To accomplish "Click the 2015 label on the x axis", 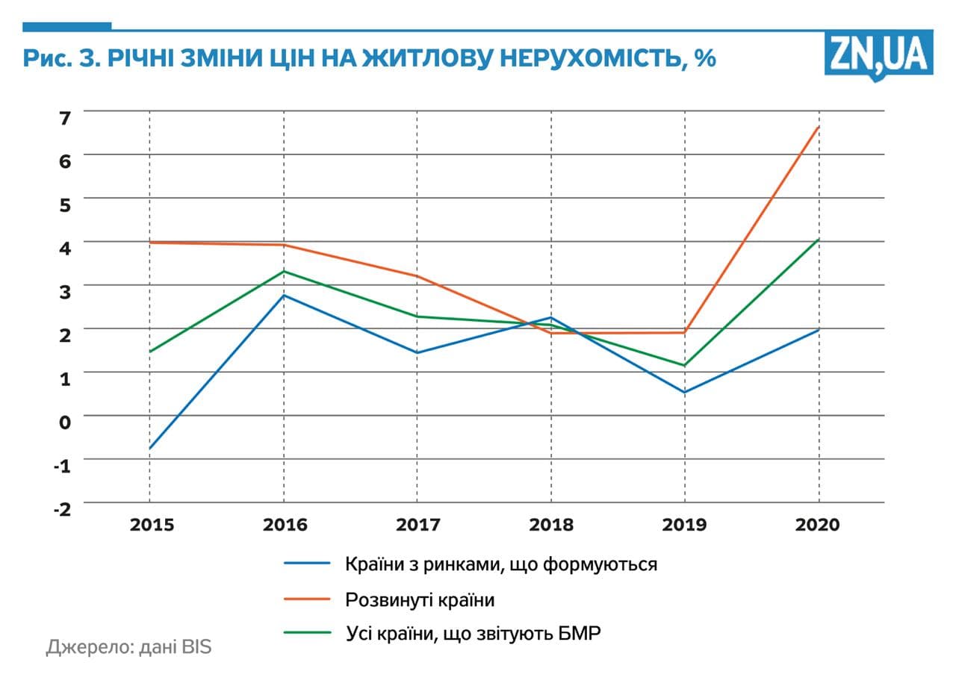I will coord(152,525).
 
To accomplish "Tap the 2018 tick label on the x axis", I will coord(551,525).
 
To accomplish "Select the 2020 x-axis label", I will coord(817,525).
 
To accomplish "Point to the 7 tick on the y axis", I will coord(65,117).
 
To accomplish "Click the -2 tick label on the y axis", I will coord(62,508).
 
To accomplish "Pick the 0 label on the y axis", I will coord(65,422).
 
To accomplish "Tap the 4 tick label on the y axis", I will coord(65,247).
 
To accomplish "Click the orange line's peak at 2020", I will coord(819,128).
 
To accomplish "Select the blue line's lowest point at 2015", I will coord(150,448).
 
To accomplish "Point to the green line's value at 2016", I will coord(284,271).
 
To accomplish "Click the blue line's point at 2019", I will coord(685,392).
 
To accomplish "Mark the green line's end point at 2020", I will coord(819,240).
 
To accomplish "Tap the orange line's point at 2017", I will coord(417,276).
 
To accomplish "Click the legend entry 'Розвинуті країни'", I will coord(420,599).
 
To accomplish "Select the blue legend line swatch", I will coord(307,564).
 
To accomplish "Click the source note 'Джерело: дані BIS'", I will coord(128,646).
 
